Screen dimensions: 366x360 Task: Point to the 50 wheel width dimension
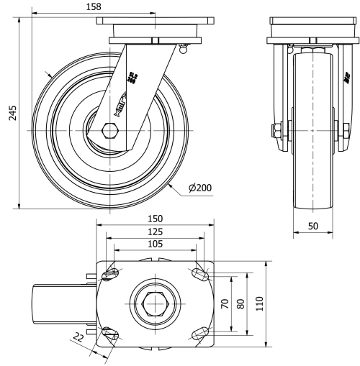pos(313,226)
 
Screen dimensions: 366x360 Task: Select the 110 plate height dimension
pos(261,303)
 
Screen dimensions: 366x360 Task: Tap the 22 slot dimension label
pos(78,337)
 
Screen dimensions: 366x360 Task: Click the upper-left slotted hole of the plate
pos(112,274)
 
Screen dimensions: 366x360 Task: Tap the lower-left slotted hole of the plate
pos(111,331)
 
